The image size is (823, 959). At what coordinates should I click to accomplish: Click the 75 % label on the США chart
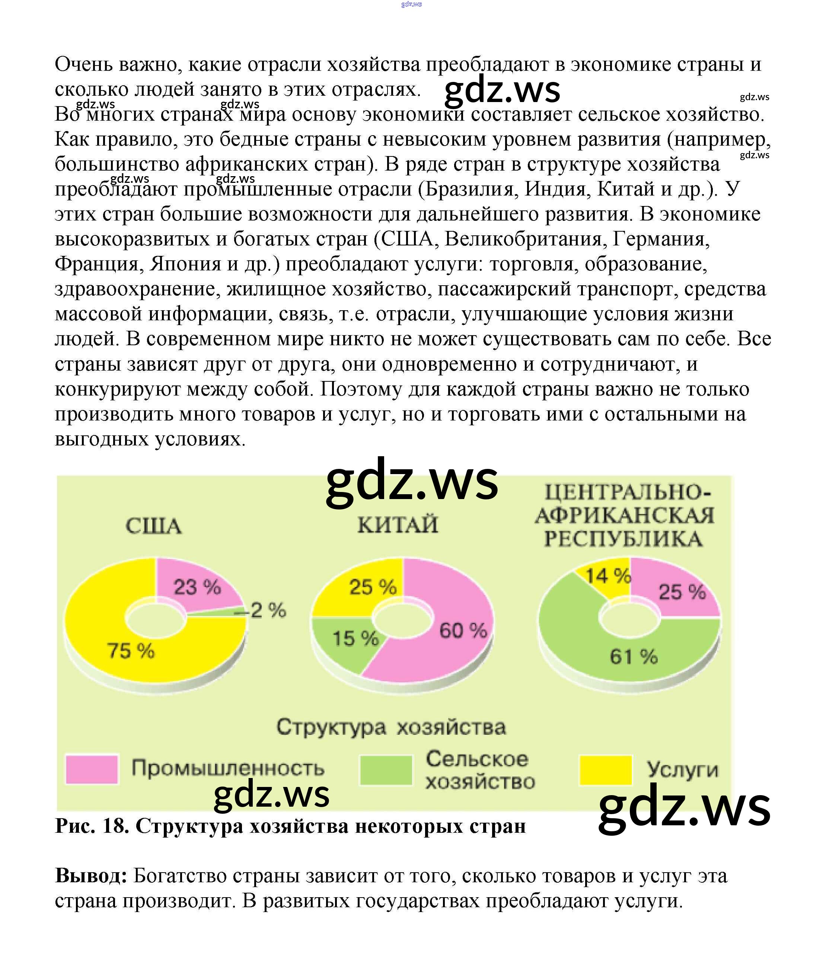coord(131,651)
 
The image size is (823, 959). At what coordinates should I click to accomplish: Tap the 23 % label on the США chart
coord(197,587)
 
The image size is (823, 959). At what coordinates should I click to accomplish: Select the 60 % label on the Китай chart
coord(463,631)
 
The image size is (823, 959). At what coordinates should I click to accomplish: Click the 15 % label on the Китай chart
coord(355,639)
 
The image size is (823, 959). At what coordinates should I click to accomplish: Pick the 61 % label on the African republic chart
coord(633,656)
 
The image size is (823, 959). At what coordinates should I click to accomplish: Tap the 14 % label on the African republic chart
coord(607,576)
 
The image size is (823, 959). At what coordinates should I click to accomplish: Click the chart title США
coord(154,526)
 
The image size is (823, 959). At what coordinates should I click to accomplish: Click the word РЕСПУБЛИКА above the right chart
coord(623,539)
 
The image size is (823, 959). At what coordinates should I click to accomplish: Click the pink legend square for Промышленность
coord(92,769)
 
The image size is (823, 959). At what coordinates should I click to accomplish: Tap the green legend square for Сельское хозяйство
coord(385,770)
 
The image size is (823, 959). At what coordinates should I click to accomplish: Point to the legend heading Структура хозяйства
coord(391,727)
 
